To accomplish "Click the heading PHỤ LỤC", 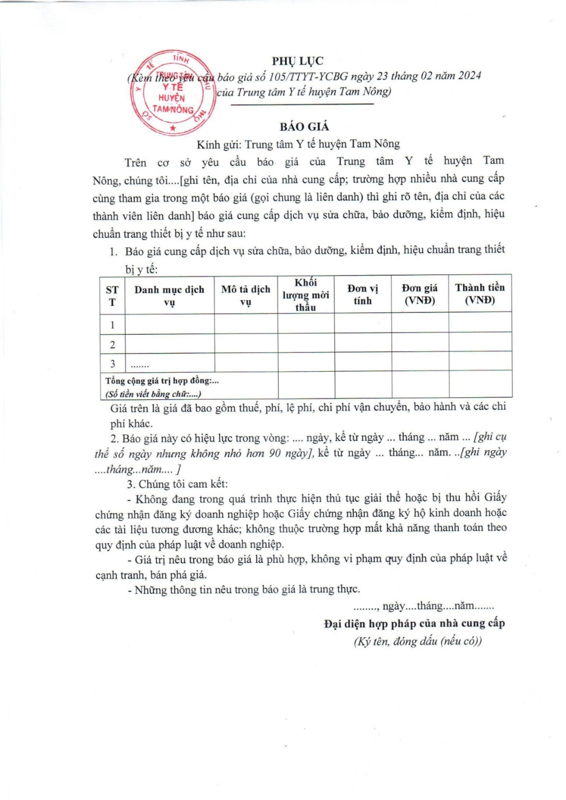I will click(x=297, y=61).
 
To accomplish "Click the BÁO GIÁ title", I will click(x=304, y=127).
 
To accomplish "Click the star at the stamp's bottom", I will click(x=172, y=128).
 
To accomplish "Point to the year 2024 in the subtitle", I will click(x=469, y=75).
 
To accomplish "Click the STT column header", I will click(x=112, y=296).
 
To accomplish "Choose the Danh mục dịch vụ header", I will click(x=169, y=296).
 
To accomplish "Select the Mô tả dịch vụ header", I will click(x=245, y=295).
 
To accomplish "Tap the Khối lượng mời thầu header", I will click(x=306, y=295).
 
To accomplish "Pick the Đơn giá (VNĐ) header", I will click(x=420, y=294).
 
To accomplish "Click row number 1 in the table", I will click(x=112, y=325).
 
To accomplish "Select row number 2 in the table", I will click(x=112, y=344).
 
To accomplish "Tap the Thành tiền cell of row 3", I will click(x=480, y=362).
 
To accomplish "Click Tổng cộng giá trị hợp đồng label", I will click(x=162, y=381).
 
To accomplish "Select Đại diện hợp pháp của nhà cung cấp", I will click(x=414, y=623).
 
